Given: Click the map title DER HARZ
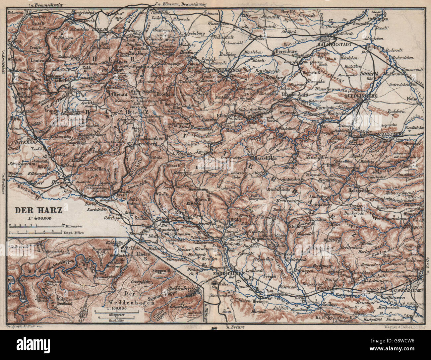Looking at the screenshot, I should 34,210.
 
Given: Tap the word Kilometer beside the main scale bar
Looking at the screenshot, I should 71,225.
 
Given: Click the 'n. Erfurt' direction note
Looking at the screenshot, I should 232,327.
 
